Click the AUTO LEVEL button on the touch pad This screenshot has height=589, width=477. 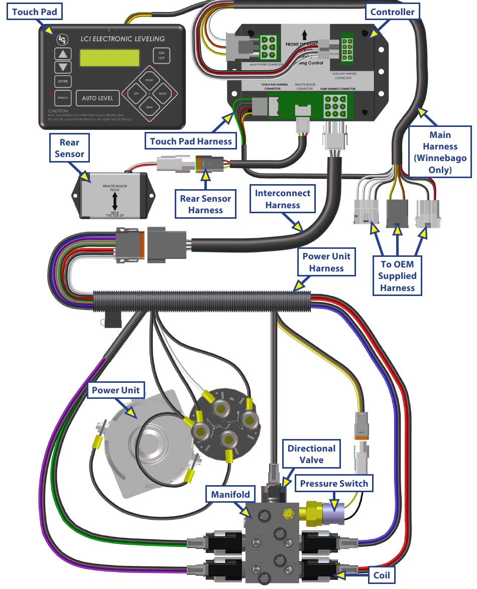click(97, 98)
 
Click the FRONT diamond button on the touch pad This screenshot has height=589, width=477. click(149, 80)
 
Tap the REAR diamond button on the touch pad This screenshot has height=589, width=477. click(149, 107)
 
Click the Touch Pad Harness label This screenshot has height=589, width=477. click(191, 141)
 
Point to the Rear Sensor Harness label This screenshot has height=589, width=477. click(205, 204)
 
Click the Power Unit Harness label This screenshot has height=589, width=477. click(326, 262)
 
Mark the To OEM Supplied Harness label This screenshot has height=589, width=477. click(397, 275)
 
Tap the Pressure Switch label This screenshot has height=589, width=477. click(333, 484)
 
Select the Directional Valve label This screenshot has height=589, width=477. click(311, 454)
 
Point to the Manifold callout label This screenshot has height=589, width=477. click(230, 494)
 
